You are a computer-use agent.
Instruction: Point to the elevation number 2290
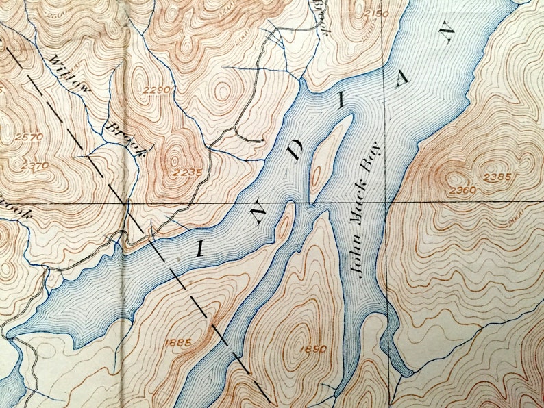coord(156,90)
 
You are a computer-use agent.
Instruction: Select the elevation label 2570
coord(29,137)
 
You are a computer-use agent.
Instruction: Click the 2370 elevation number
coord(34,165)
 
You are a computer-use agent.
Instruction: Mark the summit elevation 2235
coord(188,172)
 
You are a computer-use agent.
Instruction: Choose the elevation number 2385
coord(497,177)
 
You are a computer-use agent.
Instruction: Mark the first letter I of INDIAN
coord(199,248)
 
